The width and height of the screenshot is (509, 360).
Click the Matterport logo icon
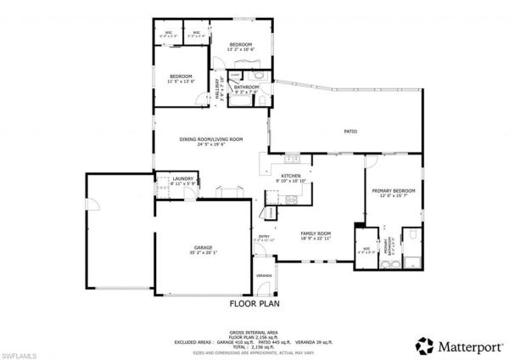coord(422,345)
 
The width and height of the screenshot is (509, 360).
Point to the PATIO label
coord(350,132)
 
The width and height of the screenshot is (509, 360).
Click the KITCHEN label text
coord(292,177)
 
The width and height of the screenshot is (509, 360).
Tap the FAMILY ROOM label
coord(315,232)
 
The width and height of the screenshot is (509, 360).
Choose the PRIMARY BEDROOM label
coord(393,191)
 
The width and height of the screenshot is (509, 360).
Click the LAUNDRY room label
coord(183,178)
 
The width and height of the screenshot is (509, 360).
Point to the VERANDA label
coord(265,276)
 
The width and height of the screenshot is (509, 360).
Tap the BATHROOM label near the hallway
coord(247,87)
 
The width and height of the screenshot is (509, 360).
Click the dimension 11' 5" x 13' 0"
coord(181,82)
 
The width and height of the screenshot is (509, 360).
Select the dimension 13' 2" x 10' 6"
coord(241,49)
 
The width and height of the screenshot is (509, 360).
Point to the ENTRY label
coord(264,236)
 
